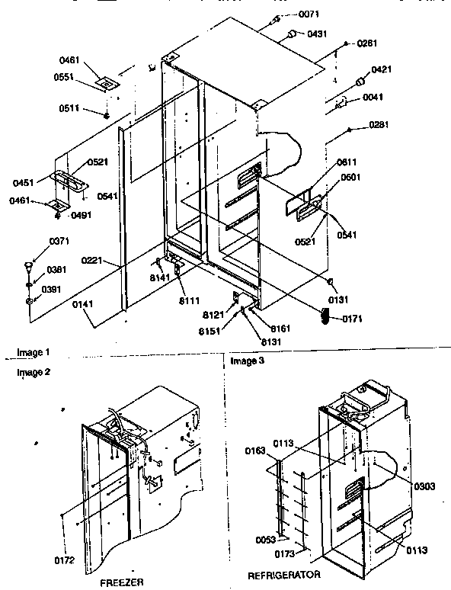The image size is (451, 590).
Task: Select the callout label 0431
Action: point(318,34)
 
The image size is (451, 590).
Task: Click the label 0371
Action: point(38,242)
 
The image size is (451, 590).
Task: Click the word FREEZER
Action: point(122,581)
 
